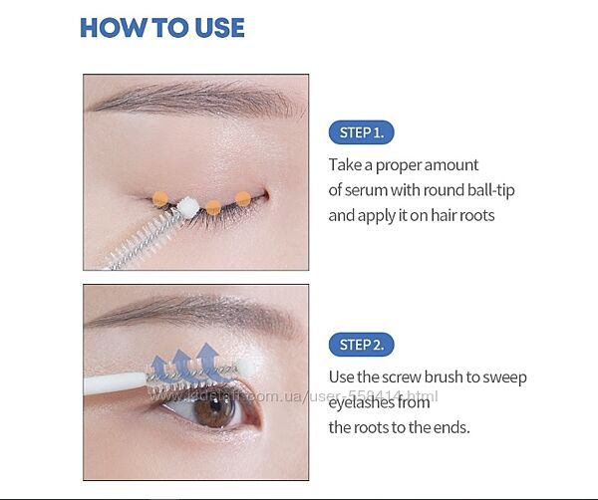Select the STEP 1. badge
point(361,132)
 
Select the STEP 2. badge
point(361,345)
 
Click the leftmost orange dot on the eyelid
point(160,199)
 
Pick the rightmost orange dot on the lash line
point(243,199)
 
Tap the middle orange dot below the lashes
point(213,208)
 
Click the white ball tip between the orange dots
point(188,207)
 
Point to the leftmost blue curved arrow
point(159,367)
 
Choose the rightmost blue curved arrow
point(208,362)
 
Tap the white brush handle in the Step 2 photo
point(115,383)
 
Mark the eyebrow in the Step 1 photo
point(194,98)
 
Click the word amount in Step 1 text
point(451,165)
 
